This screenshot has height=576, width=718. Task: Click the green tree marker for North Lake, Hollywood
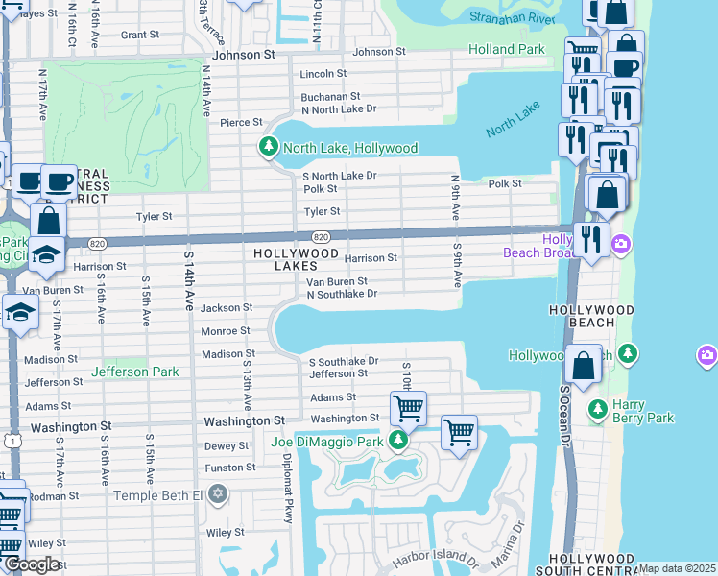click(269, 148)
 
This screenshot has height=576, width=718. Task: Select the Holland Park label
click(506, 49)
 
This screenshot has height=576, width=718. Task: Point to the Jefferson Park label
click(135, 372)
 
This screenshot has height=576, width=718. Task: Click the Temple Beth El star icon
click(218, 494)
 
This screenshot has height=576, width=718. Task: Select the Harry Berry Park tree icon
click(597, 410)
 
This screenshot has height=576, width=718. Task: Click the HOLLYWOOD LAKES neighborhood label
click(297, 259)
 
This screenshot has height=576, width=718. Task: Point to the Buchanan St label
click(330, 97)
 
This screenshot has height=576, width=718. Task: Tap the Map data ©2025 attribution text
click(676, 568)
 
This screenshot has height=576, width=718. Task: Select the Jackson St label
click(227, 308)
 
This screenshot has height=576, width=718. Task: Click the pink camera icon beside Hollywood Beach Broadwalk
click(621, 244)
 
